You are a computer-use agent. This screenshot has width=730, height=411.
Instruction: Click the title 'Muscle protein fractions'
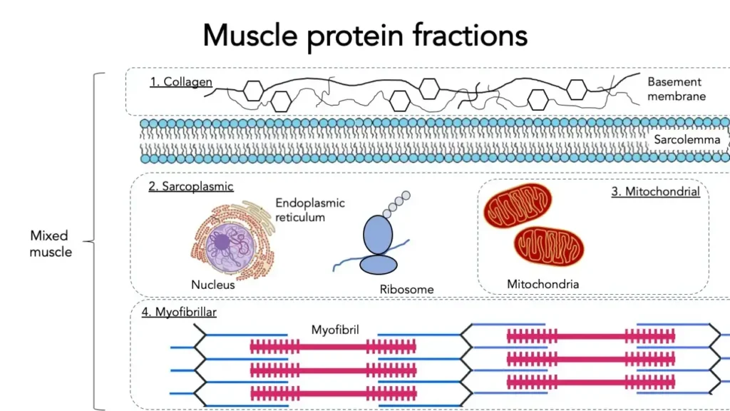click(365, 34)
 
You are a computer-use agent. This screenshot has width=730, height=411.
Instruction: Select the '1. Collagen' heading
click(181, 81)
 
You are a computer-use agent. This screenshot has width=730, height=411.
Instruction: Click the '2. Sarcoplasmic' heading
click(191, 187)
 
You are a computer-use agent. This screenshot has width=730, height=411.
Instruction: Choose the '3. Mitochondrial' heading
click(655, 191)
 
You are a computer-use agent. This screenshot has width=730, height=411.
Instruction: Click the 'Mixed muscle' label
click(50, 243)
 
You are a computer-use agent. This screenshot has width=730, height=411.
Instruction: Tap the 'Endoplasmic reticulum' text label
click(310, 210)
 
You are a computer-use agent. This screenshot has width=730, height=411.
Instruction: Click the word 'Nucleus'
click(212, 285)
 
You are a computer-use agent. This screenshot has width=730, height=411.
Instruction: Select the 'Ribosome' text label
click(406, 290)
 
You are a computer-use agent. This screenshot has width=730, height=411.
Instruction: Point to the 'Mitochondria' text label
click(543, 284)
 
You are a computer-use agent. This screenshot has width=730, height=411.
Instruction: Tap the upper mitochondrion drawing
click(518, 206)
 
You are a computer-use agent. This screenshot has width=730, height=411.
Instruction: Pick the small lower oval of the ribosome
click(378, 264)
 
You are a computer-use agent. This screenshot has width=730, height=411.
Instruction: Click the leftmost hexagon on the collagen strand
click(254, 90)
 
